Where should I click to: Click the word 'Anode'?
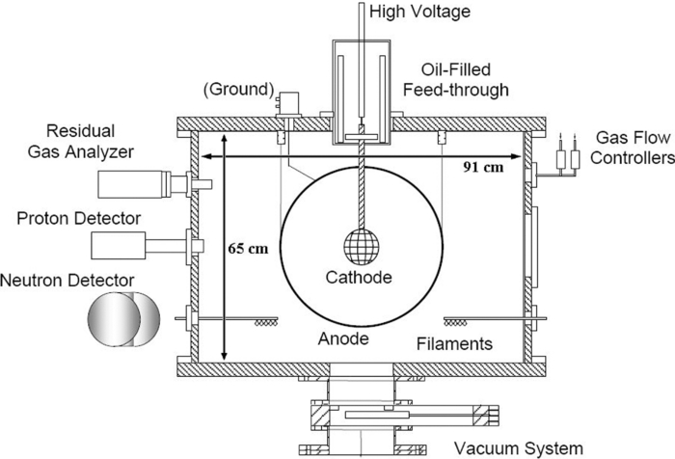tap(343, 339)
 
